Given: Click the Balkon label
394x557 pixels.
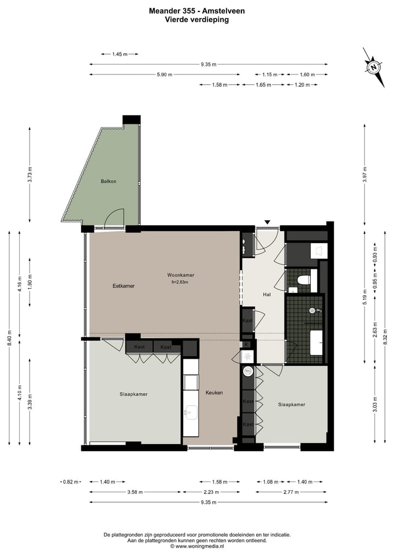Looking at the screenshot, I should [x=108, y=181].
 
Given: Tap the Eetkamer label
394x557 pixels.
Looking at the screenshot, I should [x=123, y=286].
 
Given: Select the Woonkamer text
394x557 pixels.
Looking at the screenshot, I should [x=181, y=275].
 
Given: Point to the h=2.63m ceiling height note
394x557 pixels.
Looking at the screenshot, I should [x=179, y=282].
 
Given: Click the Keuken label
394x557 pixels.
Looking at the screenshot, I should [x=215, y=393].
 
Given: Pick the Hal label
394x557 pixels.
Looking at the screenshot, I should [x=266, y=295].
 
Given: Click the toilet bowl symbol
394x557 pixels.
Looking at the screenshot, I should [x=302, y=280].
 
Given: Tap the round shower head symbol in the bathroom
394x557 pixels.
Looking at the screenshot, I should [x=312, y=311].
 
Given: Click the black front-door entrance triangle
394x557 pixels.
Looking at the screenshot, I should [x=267, y=222].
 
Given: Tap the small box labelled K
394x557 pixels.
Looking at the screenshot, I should [x=247, y=344].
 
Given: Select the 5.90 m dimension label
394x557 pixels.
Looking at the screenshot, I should [x=164, y=74].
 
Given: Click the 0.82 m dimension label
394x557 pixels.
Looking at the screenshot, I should [x=68, y=482].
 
